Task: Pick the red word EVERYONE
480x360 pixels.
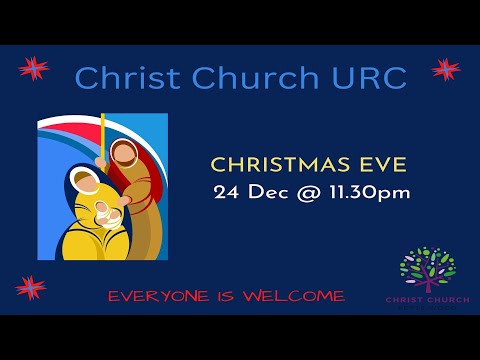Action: pos(155,296)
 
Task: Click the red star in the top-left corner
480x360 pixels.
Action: pos(34,69)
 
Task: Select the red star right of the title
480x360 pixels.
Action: pos(445,69)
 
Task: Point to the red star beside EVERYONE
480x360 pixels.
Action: pos(30,288)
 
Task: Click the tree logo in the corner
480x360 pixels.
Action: pos(427,268)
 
